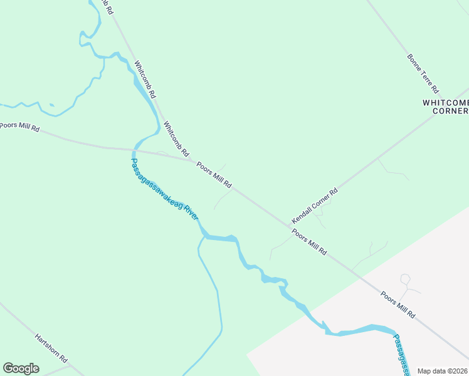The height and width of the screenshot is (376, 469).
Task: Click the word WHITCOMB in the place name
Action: (446, 102)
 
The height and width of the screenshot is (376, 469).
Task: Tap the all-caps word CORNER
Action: (451, 112)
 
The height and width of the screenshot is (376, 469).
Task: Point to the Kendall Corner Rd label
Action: (315, 206)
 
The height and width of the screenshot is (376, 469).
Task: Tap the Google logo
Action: (21, 368)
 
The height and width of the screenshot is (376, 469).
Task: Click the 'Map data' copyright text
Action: (442, 371)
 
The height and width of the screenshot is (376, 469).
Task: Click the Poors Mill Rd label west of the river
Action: (19, 127)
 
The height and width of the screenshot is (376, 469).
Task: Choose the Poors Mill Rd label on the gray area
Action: (398, 305)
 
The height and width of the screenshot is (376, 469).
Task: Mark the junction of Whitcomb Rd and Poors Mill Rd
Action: (192, 160)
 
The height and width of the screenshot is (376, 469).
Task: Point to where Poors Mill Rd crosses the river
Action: (134, 150)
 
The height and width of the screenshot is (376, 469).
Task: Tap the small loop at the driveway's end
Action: (405, 279)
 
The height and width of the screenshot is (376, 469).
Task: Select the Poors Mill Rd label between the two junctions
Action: (214, 175)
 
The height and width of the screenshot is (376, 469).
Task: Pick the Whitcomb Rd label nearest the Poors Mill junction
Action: (176, 138)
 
